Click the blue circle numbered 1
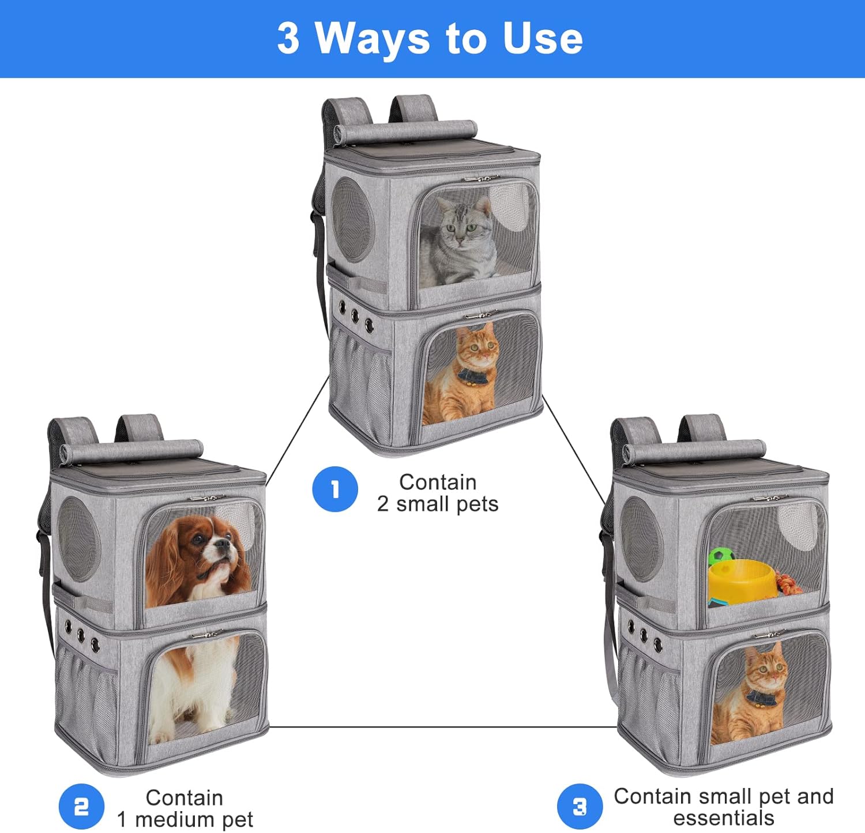pyautogui.click(x=335, y=489)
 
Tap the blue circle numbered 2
pyautogui.click(x=81, y=806)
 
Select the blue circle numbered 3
pyautogui.click(x=580, y=806)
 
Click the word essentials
pyautogui.click(x=723, y=818)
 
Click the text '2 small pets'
pyautogui.click(x=438, y=504)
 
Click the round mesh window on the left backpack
pyautogui.click(x=78, y=538)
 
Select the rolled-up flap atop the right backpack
pyautogui.click(x=695, y=451)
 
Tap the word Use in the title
pyautogui.click(x=542, y=39)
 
